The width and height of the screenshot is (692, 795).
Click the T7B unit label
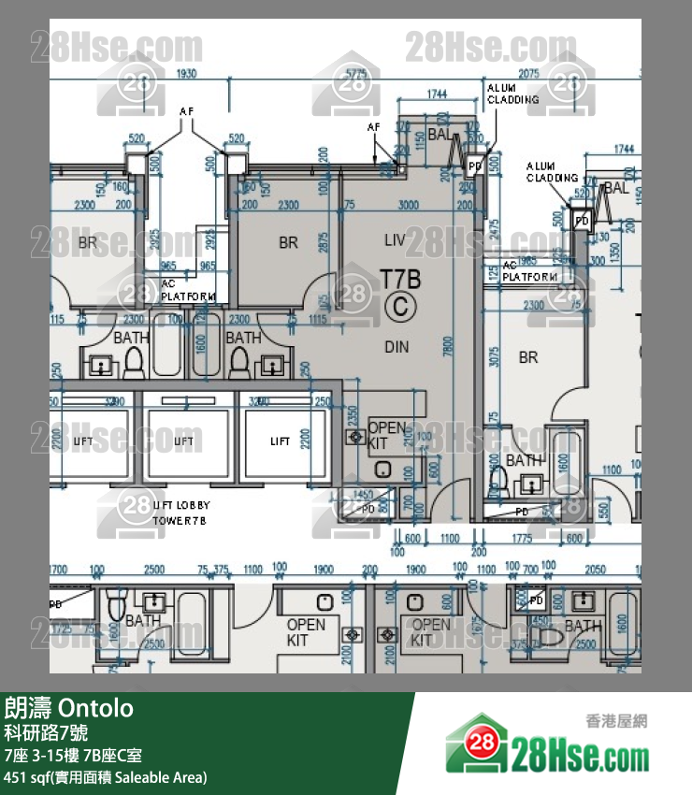coord(400,278)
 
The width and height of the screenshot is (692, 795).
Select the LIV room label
coord(395,240)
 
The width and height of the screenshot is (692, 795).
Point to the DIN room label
coord(396,347)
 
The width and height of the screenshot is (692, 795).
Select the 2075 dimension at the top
coord(529,72)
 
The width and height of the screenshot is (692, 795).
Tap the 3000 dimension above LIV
coord(407,205)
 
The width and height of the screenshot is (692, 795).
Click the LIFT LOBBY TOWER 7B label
coord(180,513)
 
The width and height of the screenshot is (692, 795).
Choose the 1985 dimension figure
coord(526,260)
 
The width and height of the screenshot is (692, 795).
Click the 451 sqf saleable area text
coord(106,776)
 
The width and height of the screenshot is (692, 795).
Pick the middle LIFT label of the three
coord(186,441)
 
